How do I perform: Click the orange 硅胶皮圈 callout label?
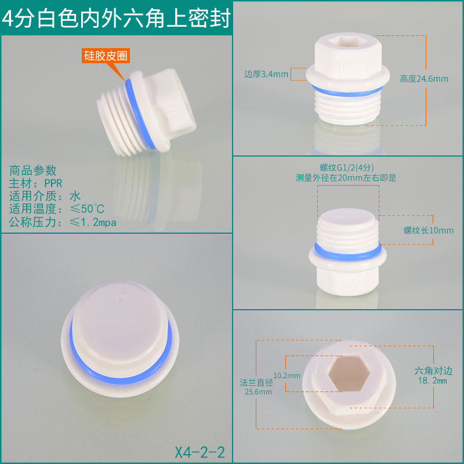coord(106,56)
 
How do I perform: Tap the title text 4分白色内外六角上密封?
coord(116,19)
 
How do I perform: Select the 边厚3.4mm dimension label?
coord(266,74)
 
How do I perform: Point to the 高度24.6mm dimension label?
coord(424,79)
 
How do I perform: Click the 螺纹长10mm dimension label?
coord(429,230)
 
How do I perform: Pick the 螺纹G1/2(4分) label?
coord(346,168)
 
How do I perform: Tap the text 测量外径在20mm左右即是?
coord(346,178)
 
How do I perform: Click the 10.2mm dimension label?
coord(287,375)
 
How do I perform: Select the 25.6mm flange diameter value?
coord(258,392)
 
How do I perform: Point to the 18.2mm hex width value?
coord(432,380)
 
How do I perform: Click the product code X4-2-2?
coord(200,452)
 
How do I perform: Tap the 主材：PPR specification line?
coord(35,183)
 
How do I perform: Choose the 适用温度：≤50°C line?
coord(57,209)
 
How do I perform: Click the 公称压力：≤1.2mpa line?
coord(63,222)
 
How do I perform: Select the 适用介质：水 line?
coord(45,196)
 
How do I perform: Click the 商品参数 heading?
coord(32,171)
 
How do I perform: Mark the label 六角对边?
coord(433,371)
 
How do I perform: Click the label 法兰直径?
coord(256,383)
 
